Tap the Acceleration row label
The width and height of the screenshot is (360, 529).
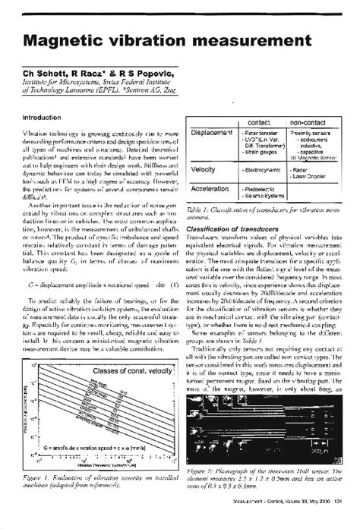tap(209, 187)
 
